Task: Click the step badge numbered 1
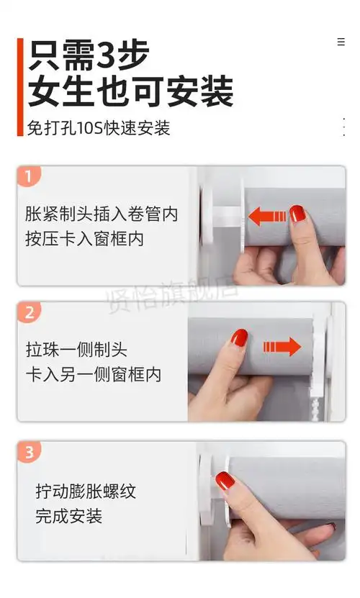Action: click(x=28, y=176)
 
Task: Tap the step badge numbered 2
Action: click(x=29, y=312)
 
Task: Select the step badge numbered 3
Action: click(x=29, y=453)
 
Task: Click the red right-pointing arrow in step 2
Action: click(x=282, y=348)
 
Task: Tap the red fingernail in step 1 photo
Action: click(x=297, y=213)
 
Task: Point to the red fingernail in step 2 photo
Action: click(x=240, y=337)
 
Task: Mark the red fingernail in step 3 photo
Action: click(x=224, y=479)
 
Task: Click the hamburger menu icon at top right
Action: click(x=341, y=42)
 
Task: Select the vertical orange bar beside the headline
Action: click(x=20, y=87)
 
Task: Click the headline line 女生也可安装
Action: click(x=130, y=92)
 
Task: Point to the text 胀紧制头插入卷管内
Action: click(x=102, y=214)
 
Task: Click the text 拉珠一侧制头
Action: click(x=76, y=350)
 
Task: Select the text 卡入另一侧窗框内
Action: click(x=93, y=375)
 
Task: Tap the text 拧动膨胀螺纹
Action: click(x=86, y=491)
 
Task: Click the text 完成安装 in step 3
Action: click(x=68, y=516)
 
